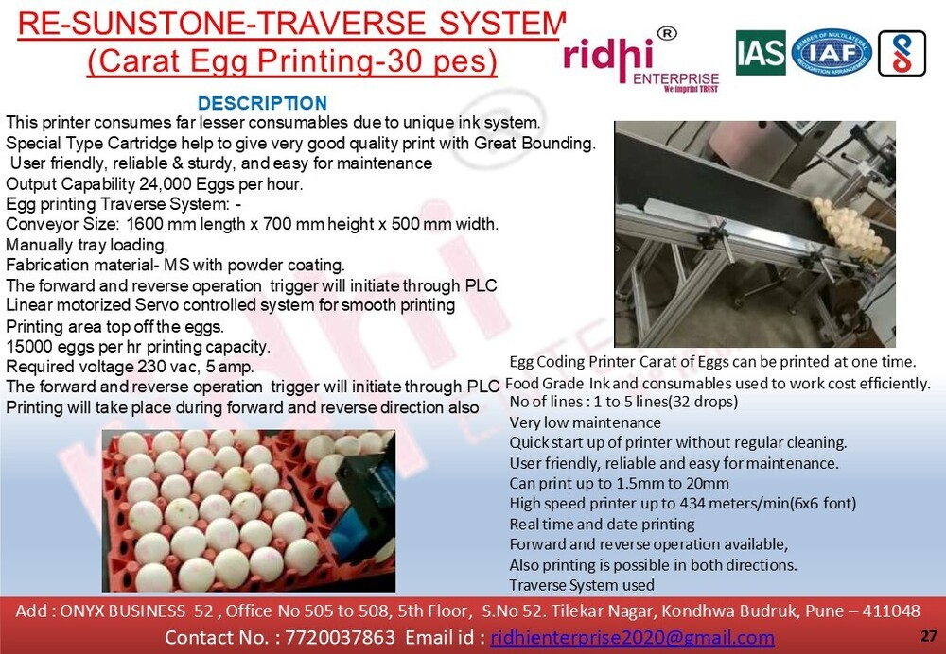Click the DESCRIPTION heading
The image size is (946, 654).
[262, 103]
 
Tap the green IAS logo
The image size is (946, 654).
[761, 53]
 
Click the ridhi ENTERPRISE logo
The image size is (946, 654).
[641, 60]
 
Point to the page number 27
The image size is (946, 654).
[928, 634]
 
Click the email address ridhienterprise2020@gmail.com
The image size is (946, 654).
[632, 637]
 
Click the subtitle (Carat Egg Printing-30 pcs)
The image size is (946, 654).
[292, 60]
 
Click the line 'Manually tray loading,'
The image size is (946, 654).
[86, 244]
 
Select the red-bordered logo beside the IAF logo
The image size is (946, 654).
[902, 53]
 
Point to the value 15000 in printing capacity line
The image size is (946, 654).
[28, 347]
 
